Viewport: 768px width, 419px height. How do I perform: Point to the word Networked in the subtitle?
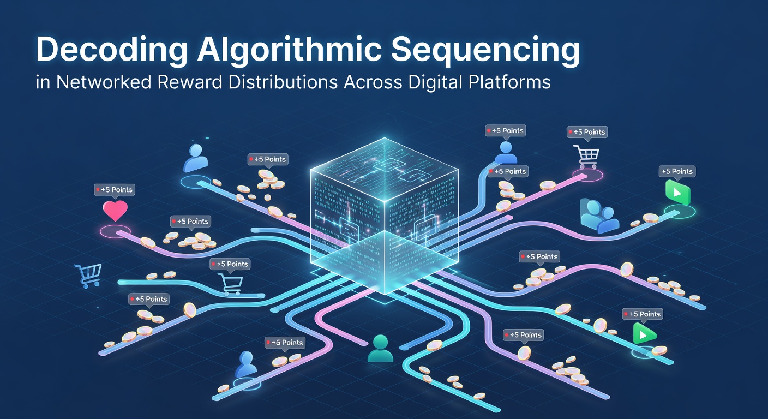(x=104, y=82)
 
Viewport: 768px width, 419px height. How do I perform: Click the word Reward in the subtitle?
(x=190, y=82)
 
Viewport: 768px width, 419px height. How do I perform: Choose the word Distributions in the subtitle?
(x=283, y=82)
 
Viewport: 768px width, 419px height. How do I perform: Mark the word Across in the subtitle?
(x=373, y=82)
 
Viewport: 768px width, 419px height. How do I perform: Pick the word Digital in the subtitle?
(x=435, y=82)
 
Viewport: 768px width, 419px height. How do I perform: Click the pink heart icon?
(x=115, y=210)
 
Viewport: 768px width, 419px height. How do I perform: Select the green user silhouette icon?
(x=380, y=349)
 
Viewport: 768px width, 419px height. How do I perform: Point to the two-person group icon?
(x=599, y=216)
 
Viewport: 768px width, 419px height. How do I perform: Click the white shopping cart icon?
(x=586, y=157)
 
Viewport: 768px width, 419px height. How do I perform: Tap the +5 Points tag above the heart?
(x=115, y=190)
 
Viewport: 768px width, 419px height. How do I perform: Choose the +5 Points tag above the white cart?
(x=587, y=133)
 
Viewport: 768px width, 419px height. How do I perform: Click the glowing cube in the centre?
(x=385, y=216)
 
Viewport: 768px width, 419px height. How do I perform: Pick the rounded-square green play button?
(x=677, y=193)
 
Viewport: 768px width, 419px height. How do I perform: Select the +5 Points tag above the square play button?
(x=677, y=172)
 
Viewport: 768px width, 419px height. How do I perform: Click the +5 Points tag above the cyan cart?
(x=230, y=265)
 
